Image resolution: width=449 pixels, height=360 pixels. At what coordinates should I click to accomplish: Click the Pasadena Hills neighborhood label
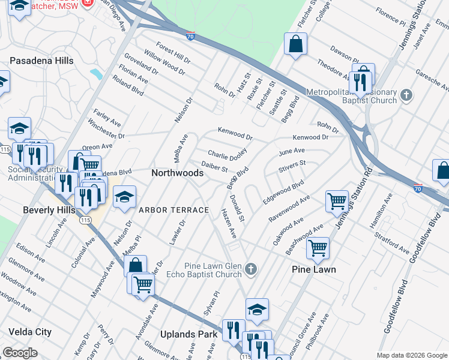tap(41, 61)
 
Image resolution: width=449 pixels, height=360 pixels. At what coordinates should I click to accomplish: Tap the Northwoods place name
tap(177, 172)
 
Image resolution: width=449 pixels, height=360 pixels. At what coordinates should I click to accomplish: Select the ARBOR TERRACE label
tap(173, 210)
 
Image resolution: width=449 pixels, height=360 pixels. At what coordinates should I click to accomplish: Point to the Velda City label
tap(30, 332)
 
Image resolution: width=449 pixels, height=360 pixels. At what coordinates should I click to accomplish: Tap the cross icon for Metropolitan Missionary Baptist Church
tap(406, 95)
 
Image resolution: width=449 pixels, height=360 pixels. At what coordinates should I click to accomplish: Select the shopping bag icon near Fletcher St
tap(295, 44)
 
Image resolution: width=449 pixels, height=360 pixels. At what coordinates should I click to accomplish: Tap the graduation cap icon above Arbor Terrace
tap(124, 196)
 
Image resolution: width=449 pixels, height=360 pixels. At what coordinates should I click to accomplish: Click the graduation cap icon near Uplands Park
tap(257, 309)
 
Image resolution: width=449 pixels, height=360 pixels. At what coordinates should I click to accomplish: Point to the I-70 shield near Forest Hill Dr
tap(190, 37)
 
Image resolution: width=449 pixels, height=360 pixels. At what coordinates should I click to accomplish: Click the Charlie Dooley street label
tap(228, 154)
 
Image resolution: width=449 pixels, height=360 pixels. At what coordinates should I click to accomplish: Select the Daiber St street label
tap(214, 167)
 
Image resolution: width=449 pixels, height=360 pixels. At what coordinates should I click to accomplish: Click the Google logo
tap(20, 353)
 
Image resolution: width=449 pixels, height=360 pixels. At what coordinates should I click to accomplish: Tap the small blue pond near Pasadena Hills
tap(95, 74)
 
